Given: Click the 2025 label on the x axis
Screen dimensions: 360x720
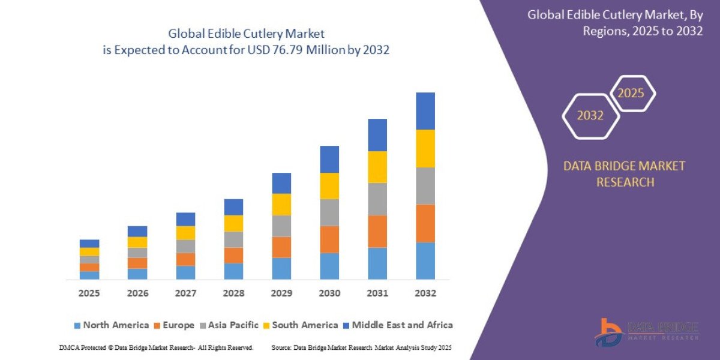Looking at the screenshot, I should (89, 293).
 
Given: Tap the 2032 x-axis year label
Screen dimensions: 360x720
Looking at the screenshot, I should (425, 293).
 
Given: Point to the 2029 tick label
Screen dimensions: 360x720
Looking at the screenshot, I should (281, 293).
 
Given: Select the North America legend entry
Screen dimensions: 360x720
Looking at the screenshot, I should (111, 325).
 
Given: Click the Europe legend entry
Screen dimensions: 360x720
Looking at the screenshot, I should (175, 325).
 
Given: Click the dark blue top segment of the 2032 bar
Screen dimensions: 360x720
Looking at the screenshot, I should (425, 111).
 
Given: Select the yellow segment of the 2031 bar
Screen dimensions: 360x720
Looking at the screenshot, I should (377, 167).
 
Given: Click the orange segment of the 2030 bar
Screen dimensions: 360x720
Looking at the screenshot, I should (329, 239).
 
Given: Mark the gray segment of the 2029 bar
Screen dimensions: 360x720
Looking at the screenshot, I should (281, 226).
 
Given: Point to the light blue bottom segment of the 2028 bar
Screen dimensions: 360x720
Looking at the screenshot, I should (233, 271).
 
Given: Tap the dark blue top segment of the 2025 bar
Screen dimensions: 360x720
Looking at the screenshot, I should (89, 244).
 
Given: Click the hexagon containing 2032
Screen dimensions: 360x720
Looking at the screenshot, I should (590, 116).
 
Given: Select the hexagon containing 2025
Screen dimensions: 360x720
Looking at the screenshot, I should (631, 94).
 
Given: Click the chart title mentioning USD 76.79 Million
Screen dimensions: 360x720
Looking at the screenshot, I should (247, 42).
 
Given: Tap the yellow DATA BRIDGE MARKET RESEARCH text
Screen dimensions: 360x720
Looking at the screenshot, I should (624, 174).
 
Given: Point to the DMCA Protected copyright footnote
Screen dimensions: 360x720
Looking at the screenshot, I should (156, 348).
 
